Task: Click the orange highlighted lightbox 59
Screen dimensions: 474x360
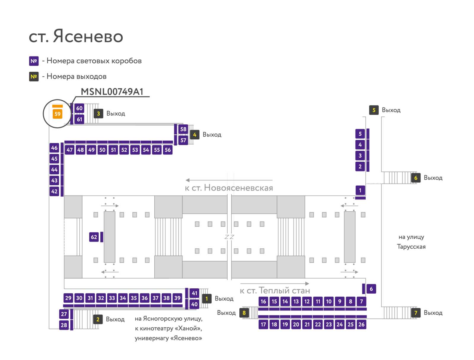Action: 57,114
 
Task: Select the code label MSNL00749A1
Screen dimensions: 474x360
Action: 112,92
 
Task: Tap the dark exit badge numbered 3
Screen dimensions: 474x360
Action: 98,113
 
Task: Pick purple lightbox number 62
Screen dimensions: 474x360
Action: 94,237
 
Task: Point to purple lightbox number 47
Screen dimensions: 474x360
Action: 70,150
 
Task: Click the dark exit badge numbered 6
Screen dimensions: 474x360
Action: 416,178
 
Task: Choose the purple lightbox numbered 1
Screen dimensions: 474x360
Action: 360,190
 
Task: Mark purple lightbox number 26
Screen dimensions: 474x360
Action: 361,324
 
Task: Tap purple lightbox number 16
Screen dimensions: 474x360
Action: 263,301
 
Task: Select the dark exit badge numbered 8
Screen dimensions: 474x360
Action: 244,313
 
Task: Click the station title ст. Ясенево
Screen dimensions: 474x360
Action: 76,36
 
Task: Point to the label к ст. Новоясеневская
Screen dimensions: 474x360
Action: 229,188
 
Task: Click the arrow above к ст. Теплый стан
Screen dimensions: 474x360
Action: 274,283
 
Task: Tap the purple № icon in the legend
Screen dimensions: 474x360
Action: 34,61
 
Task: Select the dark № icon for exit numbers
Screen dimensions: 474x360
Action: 34,77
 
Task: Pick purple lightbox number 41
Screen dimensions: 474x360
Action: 194,293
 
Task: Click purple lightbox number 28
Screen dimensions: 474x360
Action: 64,325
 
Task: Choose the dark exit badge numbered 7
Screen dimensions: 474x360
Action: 416,313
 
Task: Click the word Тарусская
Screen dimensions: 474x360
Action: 411,247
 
